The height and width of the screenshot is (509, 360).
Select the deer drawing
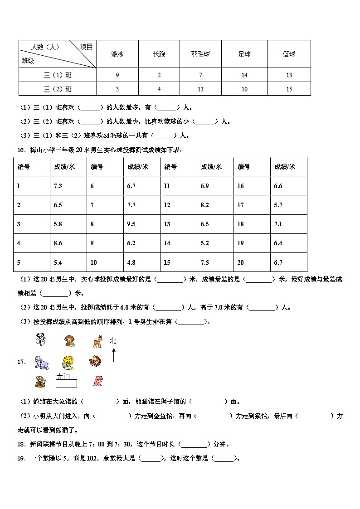click(x=97, y=341)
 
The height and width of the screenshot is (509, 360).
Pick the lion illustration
click(x=68, y=362)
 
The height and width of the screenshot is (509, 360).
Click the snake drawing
click(x=40, y=382)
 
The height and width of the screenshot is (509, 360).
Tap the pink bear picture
click(x=97, y=381)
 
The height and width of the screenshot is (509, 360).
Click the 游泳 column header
click(x=117, y=54)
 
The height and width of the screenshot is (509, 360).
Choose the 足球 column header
click(x=244, y=54)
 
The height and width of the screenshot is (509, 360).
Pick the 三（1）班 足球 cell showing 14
click(x=244, y=75)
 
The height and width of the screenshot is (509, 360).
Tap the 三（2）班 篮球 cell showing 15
click(x=289, y=89)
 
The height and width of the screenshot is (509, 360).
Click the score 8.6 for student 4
click(x=58, y=243)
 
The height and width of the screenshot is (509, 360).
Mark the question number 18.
click(x=20, y=445)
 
